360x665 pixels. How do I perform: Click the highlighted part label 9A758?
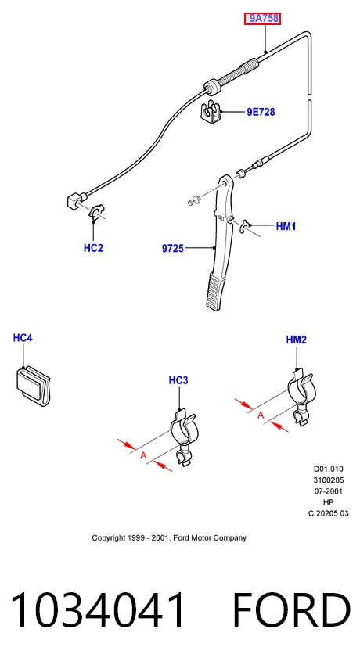[262, 18]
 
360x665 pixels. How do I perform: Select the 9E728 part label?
[261, 112]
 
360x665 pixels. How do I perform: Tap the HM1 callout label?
[286, 226]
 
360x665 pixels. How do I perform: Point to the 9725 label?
[173, 249]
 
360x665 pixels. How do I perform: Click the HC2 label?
[93, 248]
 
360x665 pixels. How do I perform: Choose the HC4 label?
[23, 338]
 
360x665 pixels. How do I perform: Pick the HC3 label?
[178, 380]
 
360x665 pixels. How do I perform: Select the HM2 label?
[296, 340]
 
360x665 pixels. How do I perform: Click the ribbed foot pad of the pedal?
[216, 292]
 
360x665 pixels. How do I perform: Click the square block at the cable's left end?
[74, 200]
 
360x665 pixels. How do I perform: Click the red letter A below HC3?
[143, 456]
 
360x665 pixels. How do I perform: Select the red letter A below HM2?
[261, 415]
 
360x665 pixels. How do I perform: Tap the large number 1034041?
[98, 609]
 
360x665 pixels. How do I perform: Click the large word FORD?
[292, 609]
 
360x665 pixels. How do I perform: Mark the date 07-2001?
[328, 491]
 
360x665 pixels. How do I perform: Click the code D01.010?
[328, 469]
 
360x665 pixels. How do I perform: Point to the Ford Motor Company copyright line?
[169, 537]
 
